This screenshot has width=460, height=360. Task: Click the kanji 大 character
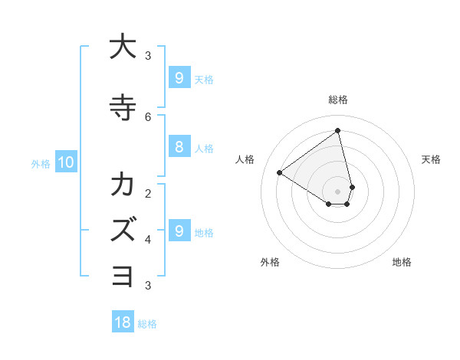(123, 47)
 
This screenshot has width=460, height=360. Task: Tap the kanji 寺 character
(123, 107)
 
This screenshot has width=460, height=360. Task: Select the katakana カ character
(123, 185)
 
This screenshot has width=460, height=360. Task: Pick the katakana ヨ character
(123, 274)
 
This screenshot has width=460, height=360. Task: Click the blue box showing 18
(123, 322)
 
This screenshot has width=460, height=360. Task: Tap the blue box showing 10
(65, 162)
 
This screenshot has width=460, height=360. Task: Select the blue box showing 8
(179, 147)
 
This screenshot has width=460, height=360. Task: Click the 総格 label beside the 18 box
(147, 324)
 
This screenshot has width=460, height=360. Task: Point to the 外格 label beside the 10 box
(41, 163)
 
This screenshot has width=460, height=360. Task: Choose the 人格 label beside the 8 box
(204, 149)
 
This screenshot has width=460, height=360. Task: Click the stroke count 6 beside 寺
(148, 116)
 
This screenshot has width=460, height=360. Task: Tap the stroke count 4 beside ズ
(148, 240)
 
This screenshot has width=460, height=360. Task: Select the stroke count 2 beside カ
(148, 193)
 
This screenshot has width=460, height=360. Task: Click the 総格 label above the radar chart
(338, 100)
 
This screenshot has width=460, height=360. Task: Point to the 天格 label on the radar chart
(431, 159)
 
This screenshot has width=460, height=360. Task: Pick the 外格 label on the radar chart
(270, 262)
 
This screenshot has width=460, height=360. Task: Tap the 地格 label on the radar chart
(402, 262)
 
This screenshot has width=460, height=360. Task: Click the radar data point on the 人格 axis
(280, 172)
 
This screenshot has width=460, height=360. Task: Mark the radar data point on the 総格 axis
(338, 131)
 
